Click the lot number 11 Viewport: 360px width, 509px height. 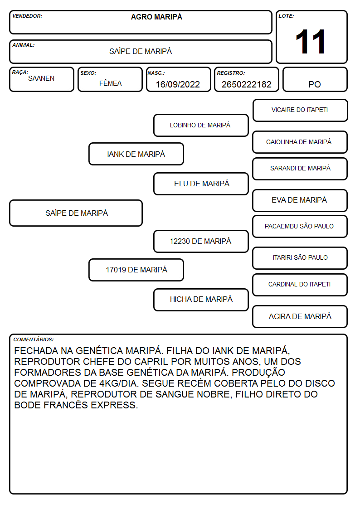click(x=310, y=42)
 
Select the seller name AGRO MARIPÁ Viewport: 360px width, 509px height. click(x=156, y=17)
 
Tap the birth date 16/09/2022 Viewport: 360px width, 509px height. click(x=178, y=84)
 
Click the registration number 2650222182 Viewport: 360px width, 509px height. click(x=246, y=84)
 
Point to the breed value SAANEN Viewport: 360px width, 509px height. click(x=41, y=78)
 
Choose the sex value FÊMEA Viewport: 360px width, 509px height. click(x=110, y=83)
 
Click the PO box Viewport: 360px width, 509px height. click(x=315, y=79)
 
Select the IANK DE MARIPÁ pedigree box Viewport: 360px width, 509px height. click(x=136, y=154)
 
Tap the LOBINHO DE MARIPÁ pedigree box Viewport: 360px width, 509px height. click(x=201, y=125)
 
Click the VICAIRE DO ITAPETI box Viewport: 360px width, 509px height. click(x=300, y=111)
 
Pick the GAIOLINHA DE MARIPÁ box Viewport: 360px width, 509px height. click(x=300, y=142)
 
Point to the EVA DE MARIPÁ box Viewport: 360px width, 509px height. click(x=300, y=200)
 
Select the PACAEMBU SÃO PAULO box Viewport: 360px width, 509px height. click(x=300, y=226)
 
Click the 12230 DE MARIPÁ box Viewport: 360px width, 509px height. click(x=201, y=241)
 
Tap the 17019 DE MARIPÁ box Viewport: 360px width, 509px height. click(x=136, y=270)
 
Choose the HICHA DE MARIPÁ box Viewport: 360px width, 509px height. click(x=201, y=300)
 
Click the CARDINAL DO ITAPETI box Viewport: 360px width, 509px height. click(x=300, y=285)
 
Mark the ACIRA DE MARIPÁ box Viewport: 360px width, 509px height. click(x=300, y=316)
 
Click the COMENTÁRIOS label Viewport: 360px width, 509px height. click(x=34, y=339)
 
